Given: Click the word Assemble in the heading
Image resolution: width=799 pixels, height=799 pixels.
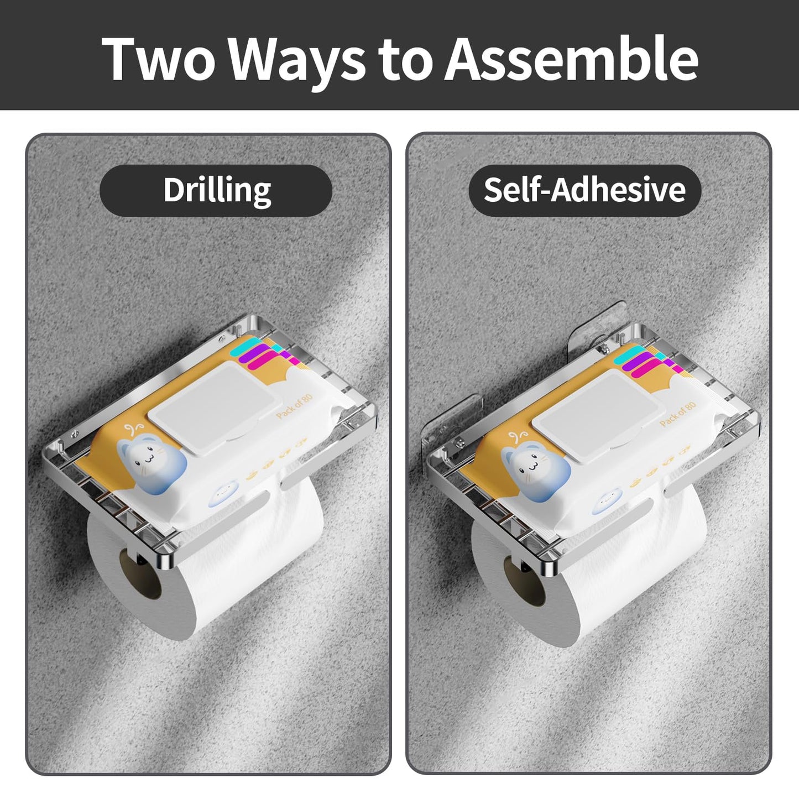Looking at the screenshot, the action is [572, 59].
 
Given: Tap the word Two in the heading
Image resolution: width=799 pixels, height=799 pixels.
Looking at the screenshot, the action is [159, 59].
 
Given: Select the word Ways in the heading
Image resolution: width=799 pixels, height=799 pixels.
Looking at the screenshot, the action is [297, 63].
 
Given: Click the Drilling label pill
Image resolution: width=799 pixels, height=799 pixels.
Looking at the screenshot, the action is [216, 190].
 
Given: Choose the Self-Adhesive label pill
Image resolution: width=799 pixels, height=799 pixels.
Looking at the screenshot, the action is [584, 190].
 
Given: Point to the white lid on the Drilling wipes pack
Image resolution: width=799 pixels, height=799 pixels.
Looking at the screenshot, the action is [212, 408].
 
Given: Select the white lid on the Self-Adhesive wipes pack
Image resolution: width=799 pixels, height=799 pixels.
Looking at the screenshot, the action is [594, 417].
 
